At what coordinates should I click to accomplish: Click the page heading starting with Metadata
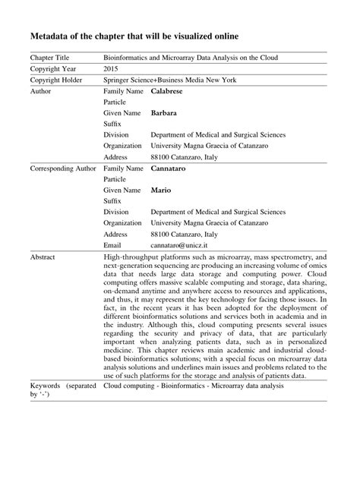click(134, 36)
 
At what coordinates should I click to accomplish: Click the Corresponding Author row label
click(62, 168)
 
